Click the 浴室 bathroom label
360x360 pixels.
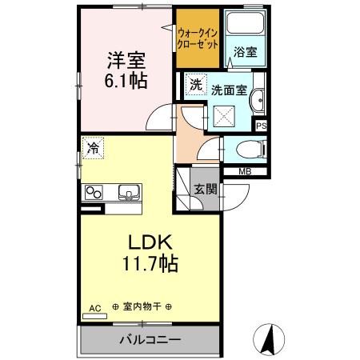coord(245,52)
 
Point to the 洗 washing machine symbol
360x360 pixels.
coord(196,84)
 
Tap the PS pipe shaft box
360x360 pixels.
coord(261,125)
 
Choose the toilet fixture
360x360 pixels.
coord(248,150)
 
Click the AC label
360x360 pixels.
coord(94,307)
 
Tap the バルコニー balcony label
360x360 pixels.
coord(150,338)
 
